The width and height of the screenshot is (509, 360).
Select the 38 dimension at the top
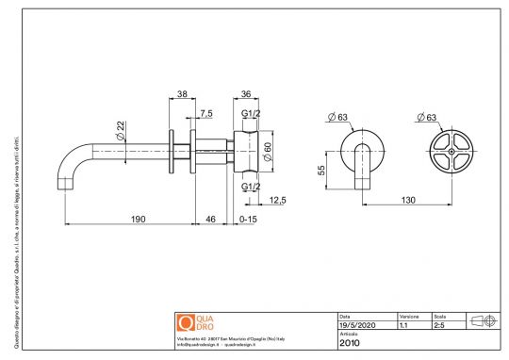183,94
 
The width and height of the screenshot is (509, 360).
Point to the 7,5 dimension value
205,114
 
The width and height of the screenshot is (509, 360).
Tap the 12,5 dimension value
277,200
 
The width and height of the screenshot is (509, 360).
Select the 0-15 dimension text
248,219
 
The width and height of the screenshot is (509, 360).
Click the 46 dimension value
210,219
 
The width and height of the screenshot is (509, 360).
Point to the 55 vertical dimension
320,171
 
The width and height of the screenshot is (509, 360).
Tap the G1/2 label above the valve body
251,114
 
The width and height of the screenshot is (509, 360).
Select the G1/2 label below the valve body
251,187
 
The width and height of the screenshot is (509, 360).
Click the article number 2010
350,343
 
